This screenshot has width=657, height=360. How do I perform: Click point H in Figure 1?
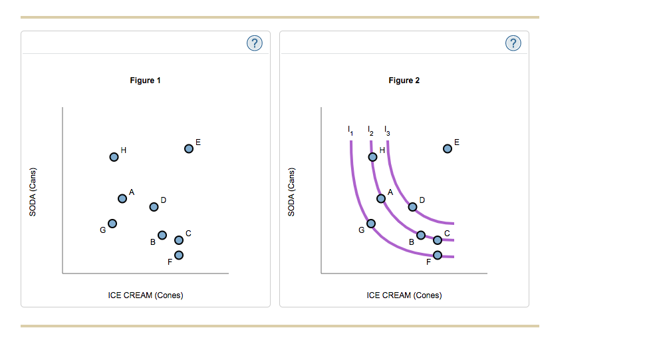(114, 157)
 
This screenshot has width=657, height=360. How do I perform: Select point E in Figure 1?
(189, 149)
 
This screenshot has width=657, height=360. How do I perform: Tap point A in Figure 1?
(122, 198)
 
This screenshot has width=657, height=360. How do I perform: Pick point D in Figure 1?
(154, 206)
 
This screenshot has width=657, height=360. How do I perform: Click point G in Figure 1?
(112, 223)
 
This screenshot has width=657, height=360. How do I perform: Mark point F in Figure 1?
(178, 255)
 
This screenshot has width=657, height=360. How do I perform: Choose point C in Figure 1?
(178, 240)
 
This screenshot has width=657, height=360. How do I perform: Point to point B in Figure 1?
(162, 235)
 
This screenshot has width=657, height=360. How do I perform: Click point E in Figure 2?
(448, 149)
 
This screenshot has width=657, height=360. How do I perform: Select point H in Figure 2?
(373, 157)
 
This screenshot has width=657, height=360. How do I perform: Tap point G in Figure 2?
(371, 223)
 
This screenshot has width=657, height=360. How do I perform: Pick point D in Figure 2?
(412, 206)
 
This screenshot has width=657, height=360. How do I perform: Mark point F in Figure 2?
(437, 255)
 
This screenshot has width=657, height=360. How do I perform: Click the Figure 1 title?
(145, 81)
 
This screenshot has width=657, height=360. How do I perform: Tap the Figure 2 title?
(404, 81)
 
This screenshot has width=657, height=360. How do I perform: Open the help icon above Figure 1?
(254, 43)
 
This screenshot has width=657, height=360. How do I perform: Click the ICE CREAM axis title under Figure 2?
(404, 295)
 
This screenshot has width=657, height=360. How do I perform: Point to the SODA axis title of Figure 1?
(32, 190)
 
